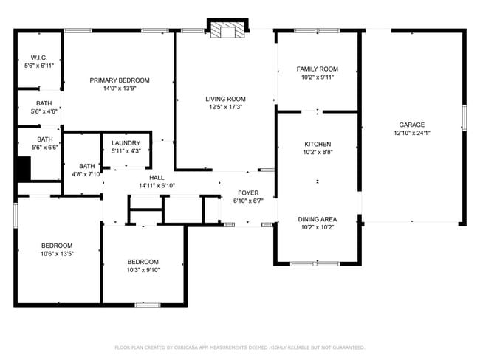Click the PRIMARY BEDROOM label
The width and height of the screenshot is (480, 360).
120,80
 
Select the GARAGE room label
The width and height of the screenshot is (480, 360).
412,125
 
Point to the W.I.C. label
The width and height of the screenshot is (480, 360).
38,58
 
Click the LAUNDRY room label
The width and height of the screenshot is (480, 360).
126,142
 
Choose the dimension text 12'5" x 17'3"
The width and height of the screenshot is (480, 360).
225,107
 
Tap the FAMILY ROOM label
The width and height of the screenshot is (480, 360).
318,69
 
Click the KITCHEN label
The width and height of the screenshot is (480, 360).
318,144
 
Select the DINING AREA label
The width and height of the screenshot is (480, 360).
318,219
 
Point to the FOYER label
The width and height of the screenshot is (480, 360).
248,193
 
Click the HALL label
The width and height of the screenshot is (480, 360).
157,178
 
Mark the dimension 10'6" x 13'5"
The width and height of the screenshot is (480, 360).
57,253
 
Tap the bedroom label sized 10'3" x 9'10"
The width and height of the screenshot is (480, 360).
143,262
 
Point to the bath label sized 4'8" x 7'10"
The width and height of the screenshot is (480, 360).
87,166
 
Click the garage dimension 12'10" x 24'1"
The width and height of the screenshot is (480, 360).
412,133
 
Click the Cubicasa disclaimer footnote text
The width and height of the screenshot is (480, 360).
239,347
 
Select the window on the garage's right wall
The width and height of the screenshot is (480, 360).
464,119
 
